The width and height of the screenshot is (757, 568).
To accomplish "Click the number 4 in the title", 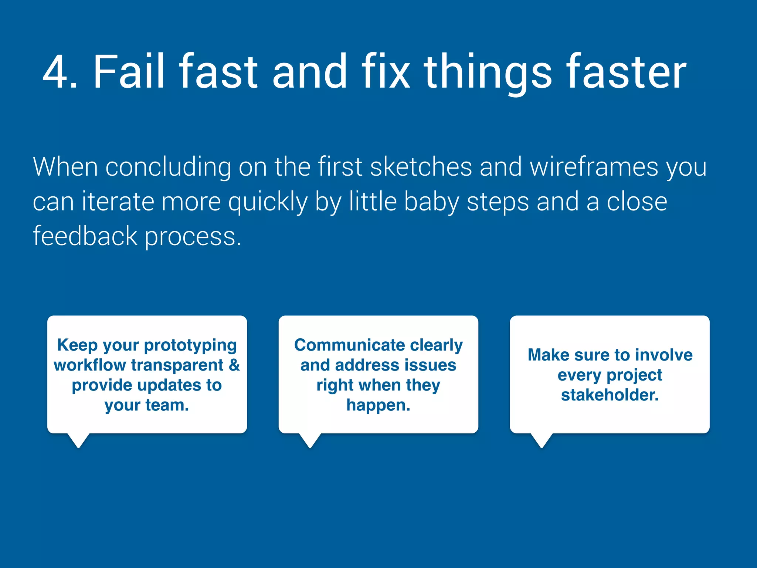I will click(x=55, y=72).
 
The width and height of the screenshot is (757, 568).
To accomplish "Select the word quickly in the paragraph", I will click(x=268, y=202).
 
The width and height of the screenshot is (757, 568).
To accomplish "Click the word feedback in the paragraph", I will click(x=85, y=236).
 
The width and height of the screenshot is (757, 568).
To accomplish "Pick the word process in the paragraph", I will click(x=192, y=237).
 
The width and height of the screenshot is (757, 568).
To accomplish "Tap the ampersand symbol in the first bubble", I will click(x=234, y=365).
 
